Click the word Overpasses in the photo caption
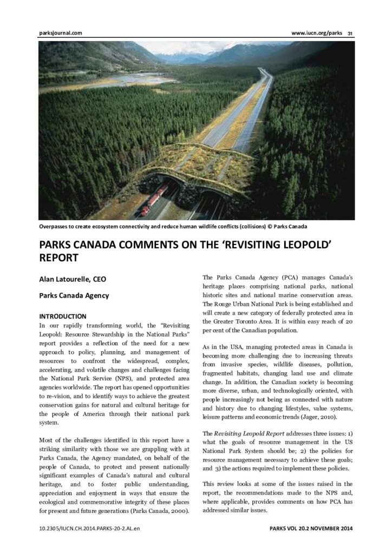coord(56,226)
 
